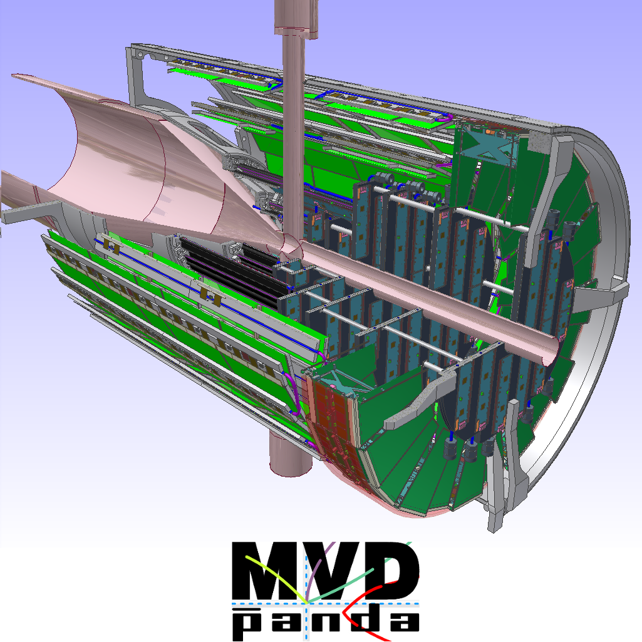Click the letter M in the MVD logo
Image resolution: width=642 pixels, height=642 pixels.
pos(268,571)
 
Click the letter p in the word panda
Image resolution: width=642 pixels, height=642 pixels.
pos(247,624)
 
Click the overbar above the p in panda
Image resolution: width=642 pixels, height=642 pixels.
pos(247,609)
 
